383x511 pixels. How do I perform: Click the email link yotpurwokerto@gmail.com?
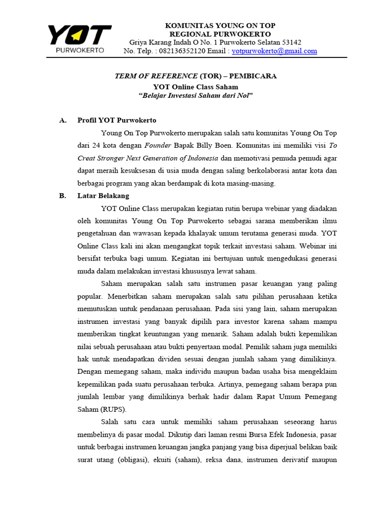pos(274,51)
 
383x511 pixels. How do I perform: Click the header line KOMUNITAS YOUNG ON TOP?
pos(220,25)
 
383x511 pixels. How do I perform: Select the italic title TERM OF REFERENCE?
pos(156,76)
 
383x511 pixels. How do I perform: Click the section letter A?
pos(62,121)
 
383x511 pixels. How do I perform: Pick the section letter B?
pos(62,196)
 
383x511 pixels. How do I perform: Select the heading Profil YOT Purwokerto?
pos(117,121)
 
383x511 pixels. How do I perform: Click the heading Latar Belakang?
pos(103,196)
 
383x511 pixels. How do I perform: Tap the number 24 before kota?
pos(96,146)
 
